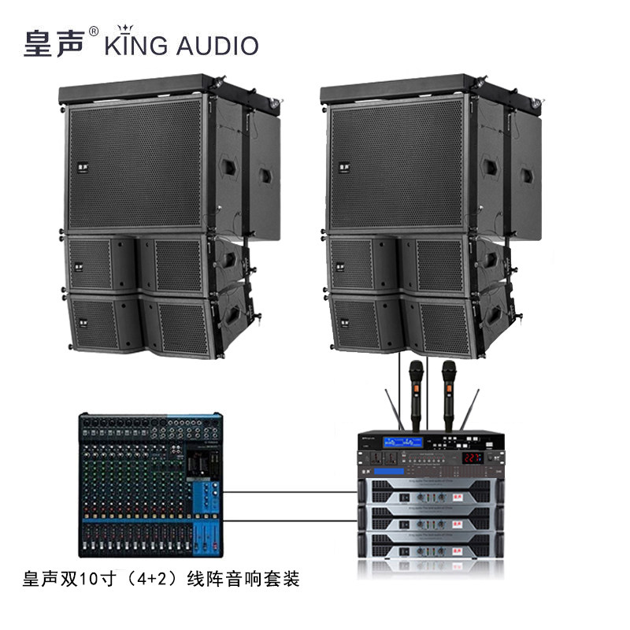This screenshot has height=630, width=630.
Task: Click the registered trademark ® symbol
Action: pos(94,32)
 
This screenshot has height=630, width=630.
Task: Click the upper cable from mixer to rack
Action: pos(291,493)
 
